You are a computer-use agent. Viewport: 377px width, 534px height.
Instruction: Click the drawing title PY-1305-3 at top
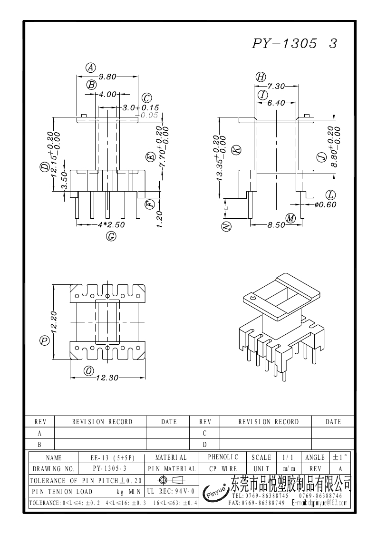[294, 44]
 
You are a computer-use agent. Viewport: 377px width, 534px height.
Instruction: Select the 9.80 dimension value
[108, 76]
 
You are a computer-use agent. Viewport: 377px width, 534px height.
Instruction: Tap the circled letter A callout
[91, 68]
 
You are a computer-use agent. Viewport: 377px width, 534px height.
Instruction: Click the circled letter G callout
[111, 236]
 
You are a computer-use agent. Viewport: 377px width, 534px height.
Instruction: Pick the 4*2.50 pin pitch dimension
[111, 224]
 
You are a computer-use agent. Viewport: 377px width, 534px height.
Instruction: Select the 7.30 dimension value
[276, 86]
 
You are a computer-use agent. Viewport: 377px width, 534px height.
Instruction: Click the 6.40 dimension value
[276, 103]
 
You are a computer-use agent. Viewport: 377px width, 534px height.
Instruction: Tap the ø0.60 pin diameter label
[325, 205]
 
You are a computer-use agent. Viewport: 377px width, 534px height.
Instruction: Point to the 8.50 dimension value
[276, 225]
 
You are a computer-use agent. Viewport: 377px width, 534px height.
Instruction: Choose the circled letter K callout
[236, 150]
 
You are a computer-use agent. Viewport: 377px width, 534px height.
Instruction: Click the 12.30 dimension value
[107, 378]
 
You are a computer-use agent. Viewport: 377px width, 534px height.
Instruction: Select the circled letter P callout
[45, 341]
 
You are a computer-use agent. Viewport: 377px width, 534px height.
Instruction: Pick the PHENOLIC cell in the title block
[223, 457]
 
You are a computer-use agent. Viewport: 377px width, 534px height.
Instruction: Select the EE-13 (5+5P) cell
[113, 458]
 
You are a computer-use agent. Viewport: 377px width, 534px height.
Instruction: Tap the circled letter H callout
[261, 77]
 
